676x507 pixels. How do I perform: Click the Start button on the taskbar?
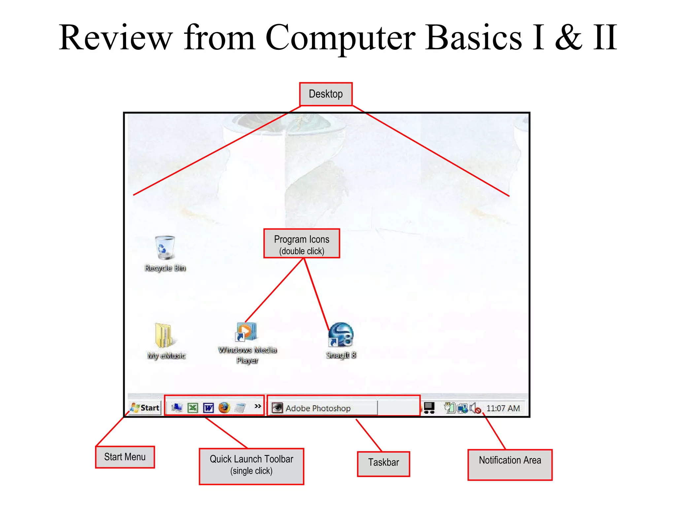(x=145, y=408)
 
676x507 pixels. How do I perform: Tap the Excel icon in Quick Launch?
(x=193, y=408)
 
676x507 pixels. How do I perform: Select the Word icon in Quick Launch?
(x=208, y=408)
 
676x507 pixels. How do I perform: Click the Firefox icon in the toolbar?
(x=224, y=408)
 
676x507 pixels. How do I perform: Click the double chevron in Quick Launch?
(x=258, y=406)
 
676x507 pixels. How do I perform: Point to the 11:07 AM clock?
(x=503, y=408)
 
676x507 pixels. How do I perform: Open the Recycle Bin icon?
(x=165, y=248)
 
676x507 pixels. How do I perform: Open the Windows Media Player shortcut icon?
(x=246, y=332)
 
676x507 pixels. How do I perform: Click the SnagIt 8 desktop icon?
(x=341, y=335)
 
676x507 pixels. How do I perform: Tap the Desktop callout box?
(x=326, y=94)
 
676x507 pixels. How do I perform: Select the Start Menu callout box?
(x=125, y=457)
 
